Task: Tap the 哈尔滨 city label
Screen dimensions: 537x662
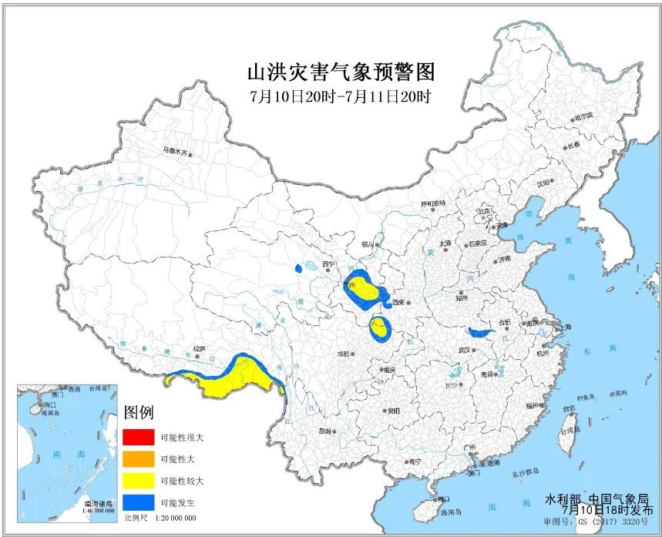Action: coord(583,116)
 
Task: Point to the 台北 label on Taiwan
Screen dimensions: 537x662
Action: coord(568,408)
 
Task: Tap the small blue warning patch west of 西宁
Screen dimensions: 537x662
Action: coord(298,269)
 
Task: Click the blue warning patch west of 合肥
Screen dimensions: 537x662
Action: coord(480,332)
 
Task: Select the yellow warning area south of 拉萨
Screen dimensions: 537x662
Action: coord(231,381)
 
